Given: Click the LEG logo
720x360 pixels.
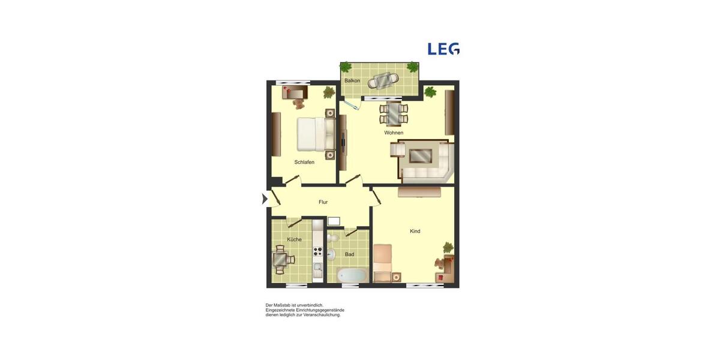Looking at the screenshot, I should click(443, 49).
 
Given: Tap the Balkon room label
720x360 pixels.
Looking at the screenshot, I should click(352, 80).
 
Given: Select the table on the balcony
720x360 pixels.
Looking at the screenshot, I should click(383, 80).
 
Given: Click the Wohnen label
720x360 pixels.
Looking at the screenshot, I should click(394, 133).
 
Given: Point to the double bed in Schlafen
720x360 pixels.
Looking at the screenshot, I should click(315, 134).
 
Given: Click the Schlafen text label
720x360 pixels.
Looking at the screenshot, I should click(304, 162).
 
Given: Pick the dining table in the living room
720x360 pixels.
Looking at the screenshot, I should click(393, 113).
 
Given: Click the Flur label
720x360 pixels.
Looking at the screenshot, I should click(323, 202).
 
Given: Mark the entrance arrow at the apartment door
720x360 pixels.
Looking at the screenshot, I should click(265, 199).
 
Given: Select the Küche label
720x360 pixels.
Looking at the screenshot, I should click(294, 239).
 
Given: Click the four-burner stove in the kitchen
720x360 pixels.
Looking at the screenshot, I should click(317, 252).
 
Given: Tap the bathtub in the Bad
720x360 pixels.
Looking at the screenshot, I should click(352, 275).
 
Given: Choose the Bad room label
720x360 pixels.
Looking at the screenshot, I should click(349, 254).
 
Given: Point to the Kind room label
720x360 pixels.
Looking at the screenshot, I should click(415, 231).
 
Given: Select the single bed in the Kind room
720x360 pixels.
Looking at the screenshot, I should click(382, 263).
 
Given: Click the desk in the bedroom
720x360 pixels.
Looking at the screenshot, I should click(295, 92).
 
